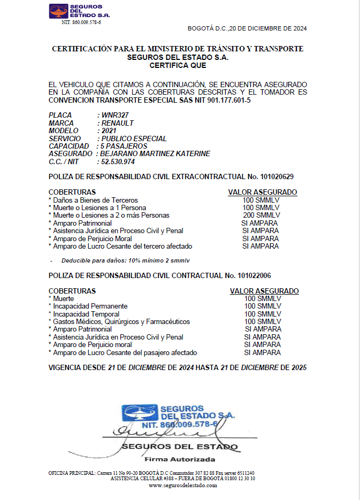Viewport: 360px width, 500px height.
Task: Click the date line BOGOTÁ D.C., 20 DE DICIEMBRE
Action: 247,28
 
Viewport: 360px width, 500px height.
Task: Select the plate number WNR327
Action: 115,116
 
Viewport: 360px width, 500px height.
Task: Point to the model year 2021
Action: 109,130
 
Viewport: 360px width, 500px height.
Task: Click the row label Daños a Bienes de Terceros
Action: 95,200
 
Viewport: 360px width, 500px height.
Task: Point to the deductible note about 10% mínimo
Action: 126,260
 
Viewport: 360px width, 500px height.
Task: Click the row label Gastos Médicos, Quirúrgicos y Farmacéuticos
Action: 121,322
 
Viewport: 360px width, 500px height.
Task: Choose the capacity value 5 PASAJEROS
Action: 124,146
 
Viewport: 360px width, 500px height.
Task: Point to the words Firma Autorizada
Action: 180,459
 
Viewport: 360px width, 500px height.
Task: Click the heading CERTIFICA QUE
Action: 178,66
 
